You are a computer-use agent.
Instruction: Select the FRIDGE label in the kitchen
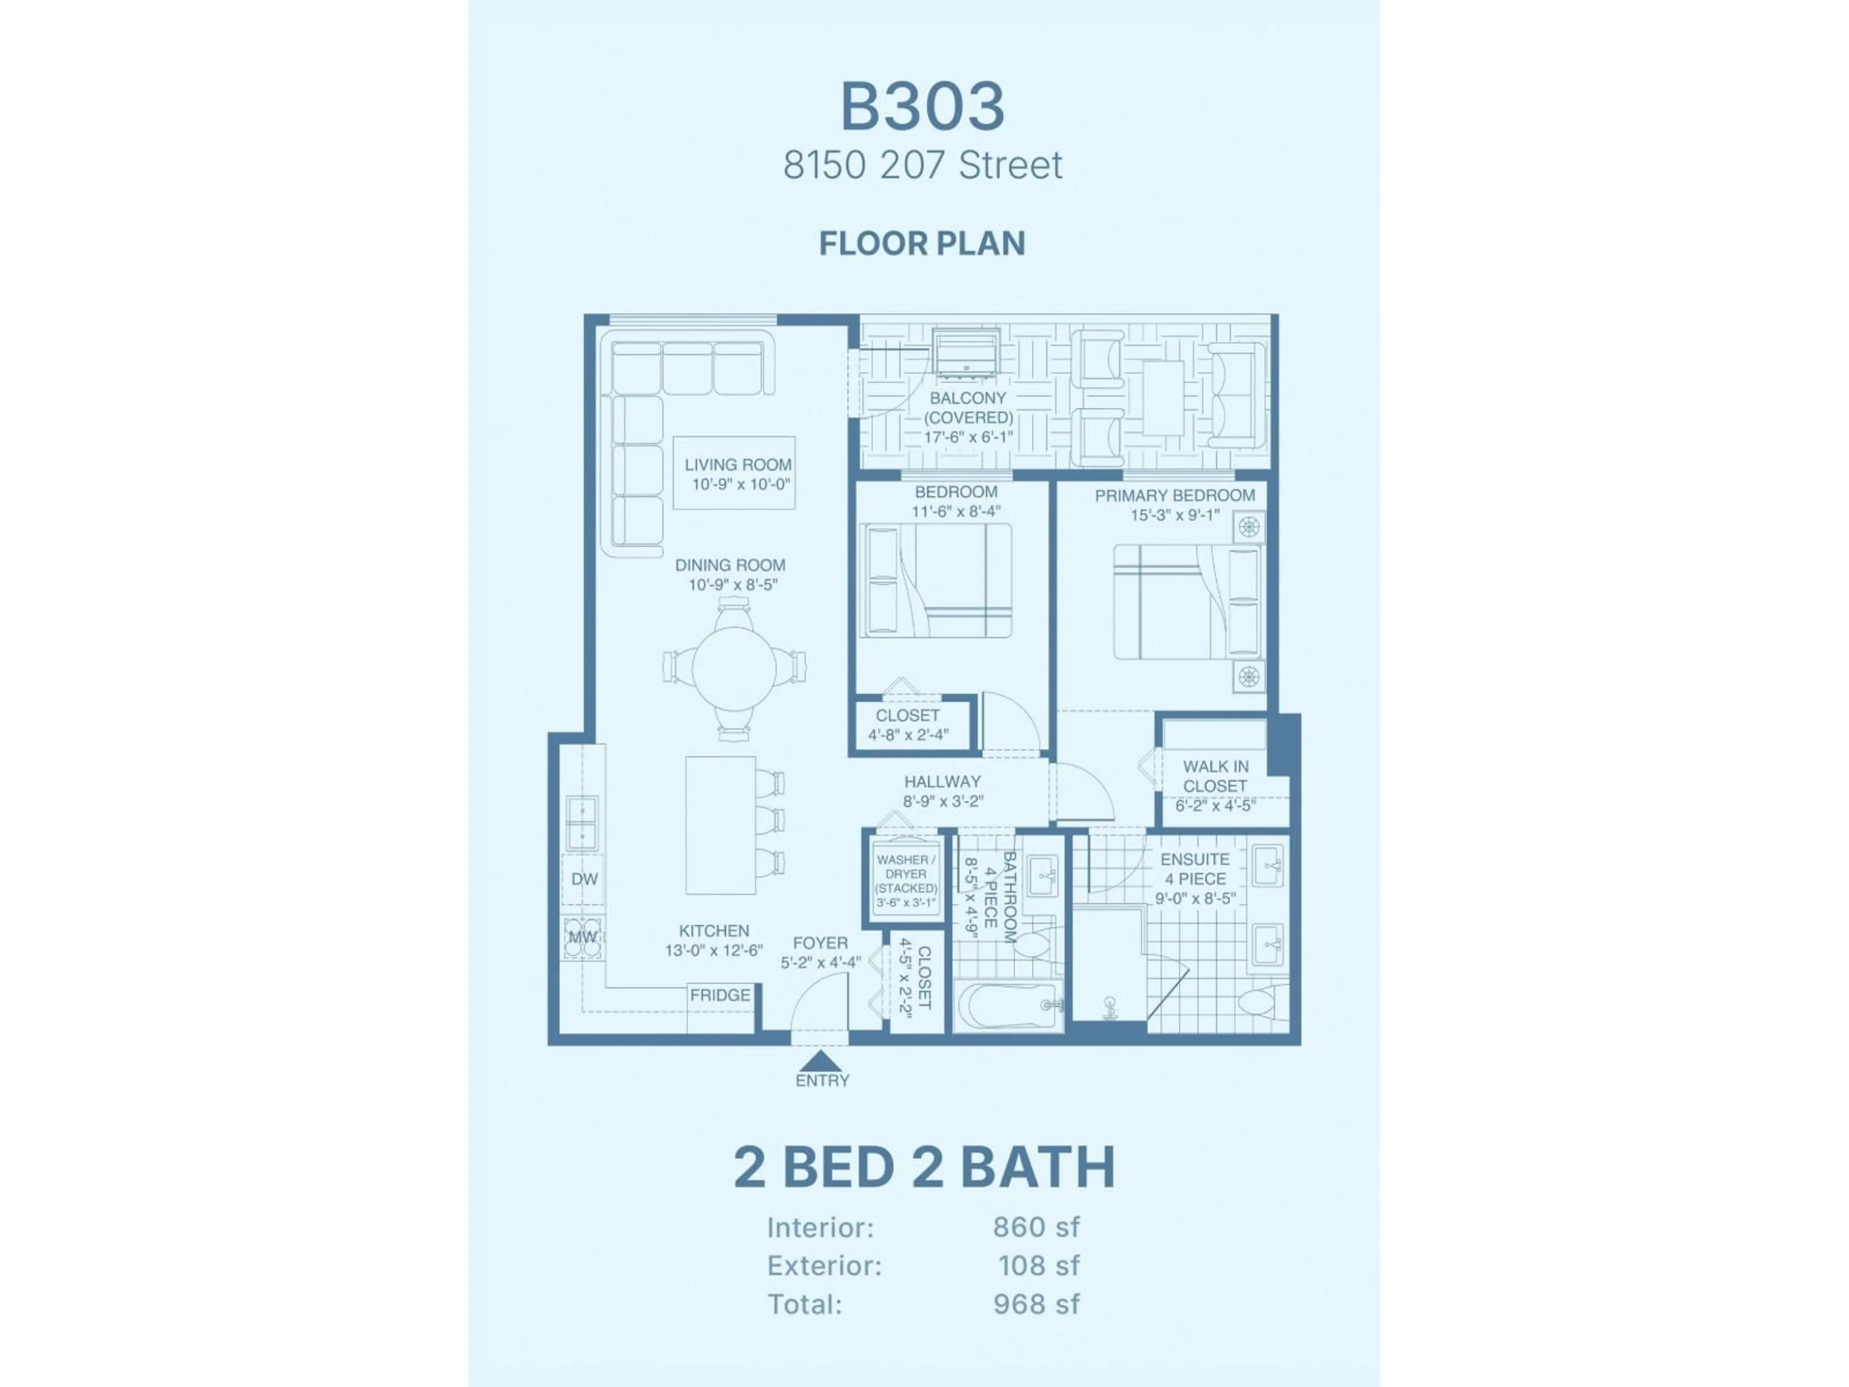click(720, 995)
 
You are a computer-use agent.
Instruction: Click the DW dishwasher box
click(584, 879)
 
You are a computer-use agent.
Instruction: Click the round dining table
click(734, 667)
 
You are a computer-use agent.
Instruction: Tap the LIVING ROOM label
click(737, 465)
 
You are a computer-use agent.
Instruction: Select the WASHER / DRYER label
click(906, 867)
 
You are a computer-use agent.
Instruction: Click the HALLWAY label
click(942, 782)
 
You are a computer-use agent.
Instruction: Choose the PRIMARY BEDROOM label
click(1174, 496)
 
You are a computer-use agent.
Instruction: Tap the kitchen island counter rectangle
click(720, 825)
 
